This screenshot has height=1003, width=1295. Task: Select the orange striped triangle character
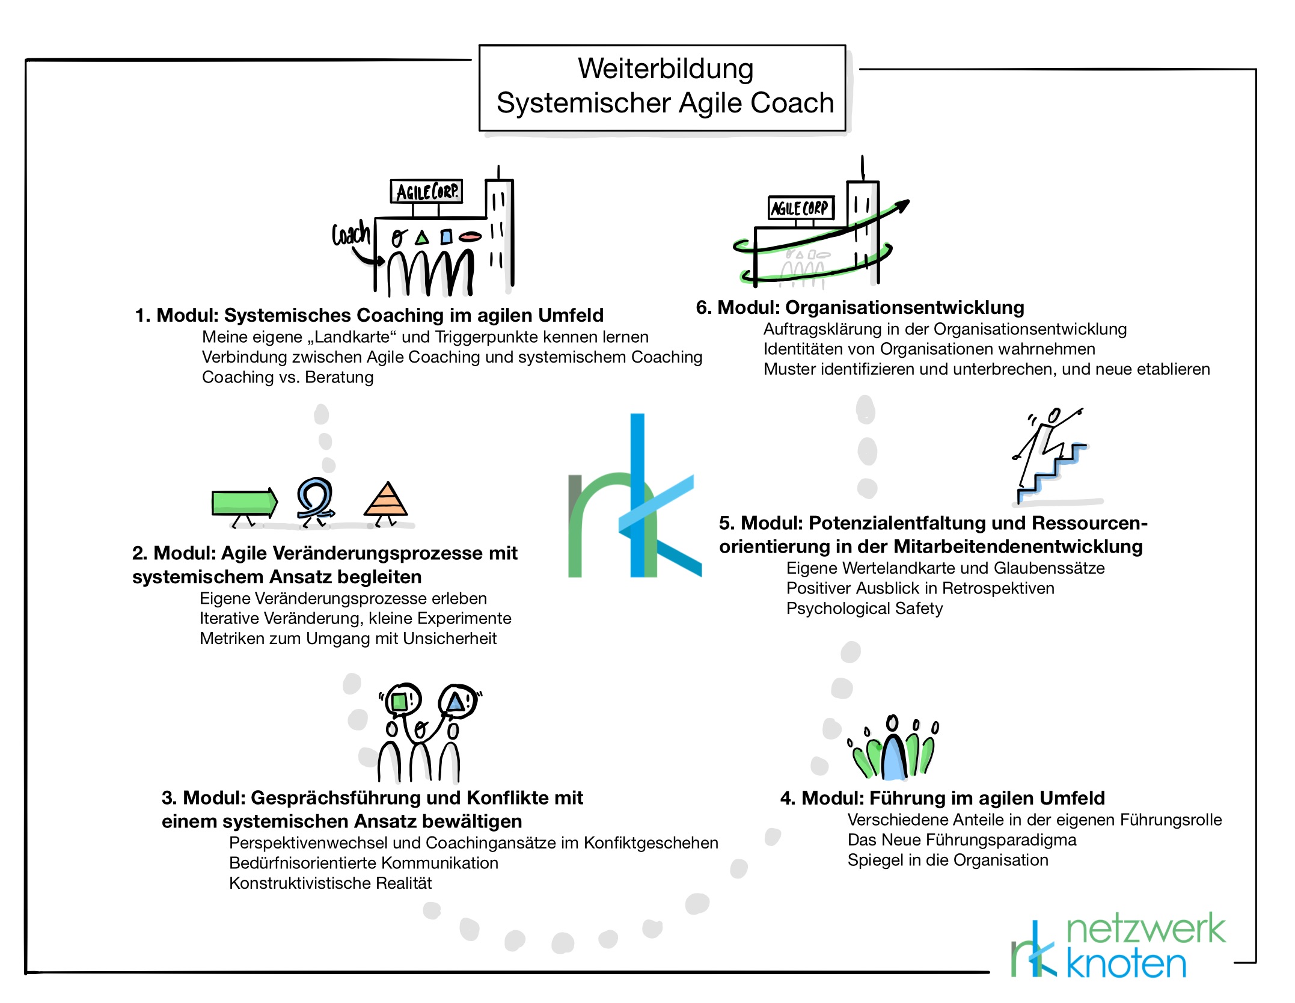(386, 502)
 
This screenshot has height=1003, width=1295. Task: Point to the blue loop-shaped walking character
(314, 498)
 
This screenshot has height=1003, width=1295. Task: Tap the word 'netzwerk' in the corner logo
(1145, 929)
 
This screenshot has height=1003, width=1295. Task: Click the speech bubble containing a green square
(400, 701)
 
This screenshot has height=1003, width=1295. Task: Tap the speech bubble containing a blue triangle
(457, 701)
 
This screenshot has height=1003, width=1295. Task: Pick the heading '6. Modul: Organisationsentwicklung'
(860, 307)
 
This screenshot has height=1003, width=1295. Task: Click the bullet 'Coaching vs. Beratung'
(287, 377)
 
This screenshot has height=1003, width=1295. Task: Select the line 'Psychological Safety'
(864, 609)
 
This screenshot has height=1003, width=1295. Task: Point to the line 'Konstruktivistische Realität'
(330, 883)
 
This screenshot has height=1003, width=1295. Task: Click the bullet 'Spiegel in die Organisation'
(948, 860)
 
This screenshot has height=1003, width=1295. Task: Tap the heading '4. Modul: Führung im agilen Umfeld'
(942, 798)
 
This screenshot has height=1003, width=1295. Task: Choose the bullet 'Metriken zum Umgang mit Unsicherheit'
(348, 638)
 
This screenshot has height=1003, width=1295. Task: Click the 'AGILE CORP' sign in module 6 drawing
(800, 208)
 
